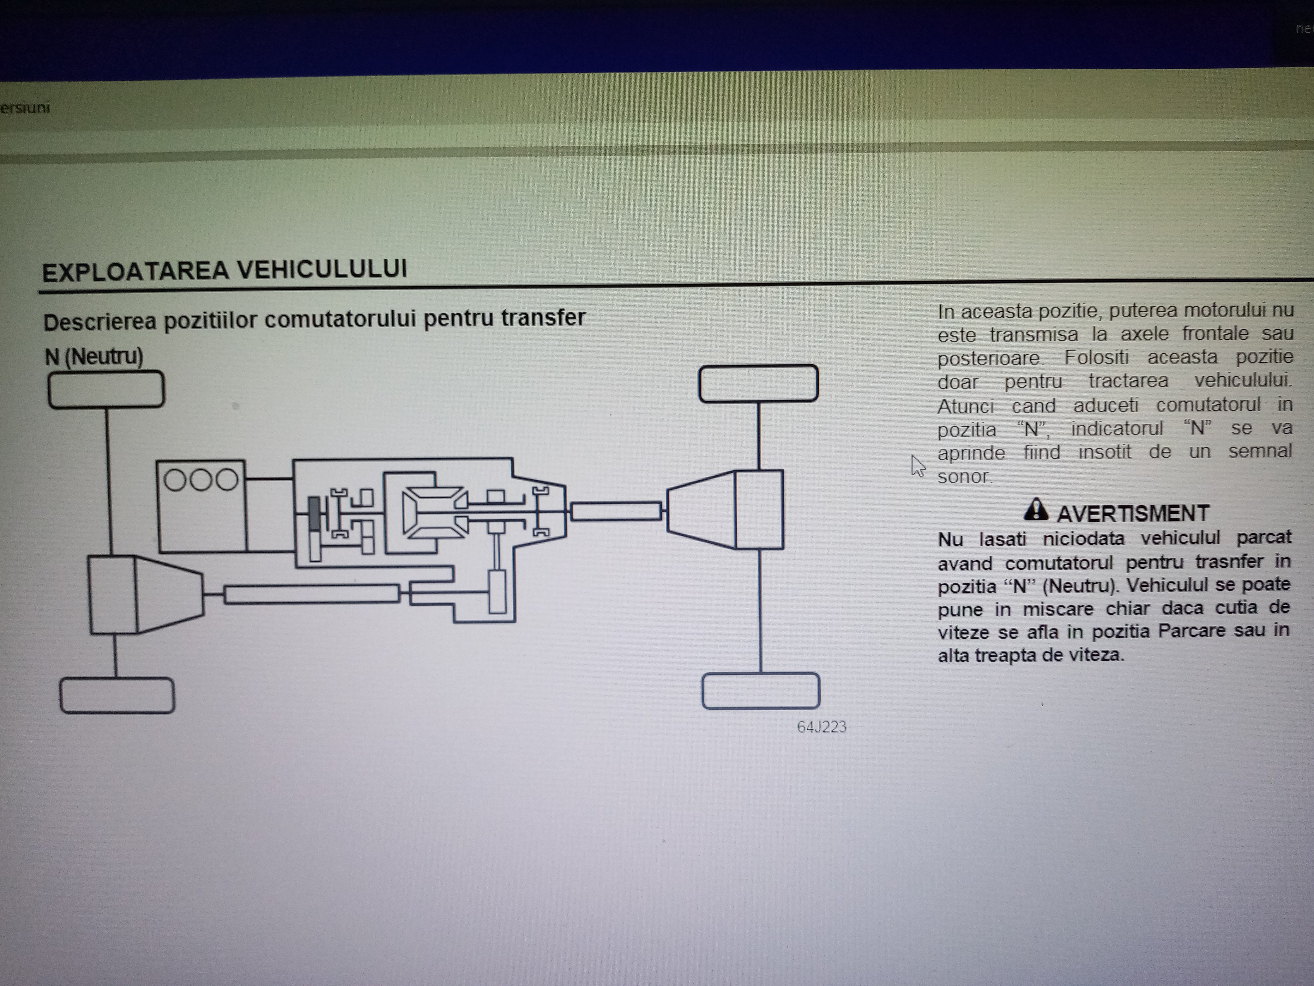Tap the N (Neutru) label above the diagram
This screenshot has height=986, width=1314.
(94, 356)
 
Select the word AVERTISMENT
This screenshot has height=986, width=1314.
(1133, 513)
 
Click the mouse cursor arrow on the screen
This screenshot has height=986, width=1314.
(918, 466)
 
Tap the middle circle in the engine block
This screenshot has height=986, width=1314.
(201, 480)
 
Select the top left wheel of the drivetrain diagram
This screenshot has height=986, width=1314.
(106, 390)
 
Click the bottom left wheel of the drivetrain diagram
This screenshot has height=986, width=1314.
(117, 695)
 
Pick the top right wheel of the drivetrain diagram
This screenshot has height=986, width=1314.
(759, 383)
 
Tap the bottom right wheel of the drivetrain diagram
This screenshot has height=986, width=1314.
(761, 691)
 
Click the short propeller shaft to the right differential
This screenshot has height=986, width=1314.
(616, 511)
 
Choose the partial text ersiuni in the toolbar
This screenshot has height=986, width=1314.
(25, 107)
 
